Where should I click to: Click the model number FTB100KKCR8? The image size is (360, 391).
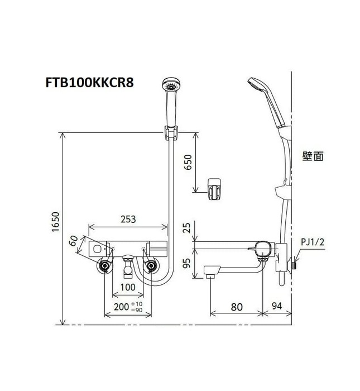pyautogui.click(x=89, y=82)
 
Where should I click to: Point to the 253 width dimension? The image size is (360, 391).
pyautogui.click(x=128, y=220)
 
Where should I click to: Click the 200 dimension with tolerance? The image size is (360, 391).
pyautogui.click(x=127, y=307)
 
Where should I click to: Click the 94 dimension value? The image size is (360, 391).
pyautogui.click(x=277, y=306)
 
